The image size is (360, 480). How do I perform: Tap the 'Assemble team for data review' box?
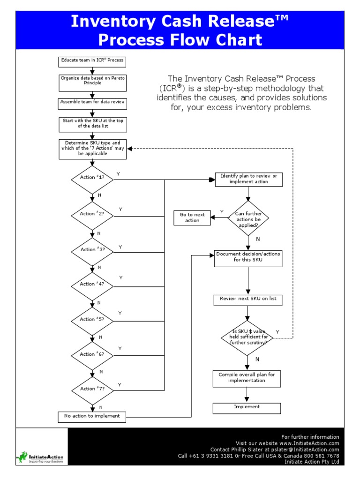[x=92, y=102]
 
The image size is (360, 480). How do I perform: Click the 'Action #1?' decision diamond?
[x=92, y=178]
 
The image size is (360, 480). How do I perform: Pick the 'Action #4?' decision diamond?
[x=92, y=284]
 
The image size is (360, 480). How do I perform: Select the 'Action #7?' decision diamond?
[x=92, y=389]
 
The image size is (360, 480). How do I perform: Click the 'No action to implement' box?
[x=92, y=416]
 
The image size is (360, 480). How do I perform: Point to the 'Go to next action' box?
[x=192, y=217]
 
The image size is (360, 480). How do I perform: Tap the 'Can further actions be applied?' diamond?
[x=248, y=217]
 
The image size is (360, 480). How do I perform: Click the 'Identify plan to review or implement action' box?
[x=248, y=179]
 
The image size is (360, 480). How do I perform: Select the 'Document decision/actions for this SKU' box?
[x=248, y=257]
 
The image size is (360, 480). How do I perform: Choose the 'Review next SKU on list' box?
[x=248, y=299]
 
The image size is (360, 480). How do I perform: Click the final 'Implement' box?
[x=247, y=407]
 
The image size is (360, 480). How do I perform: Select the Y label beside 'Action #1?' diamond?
[x=118, y=174]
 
